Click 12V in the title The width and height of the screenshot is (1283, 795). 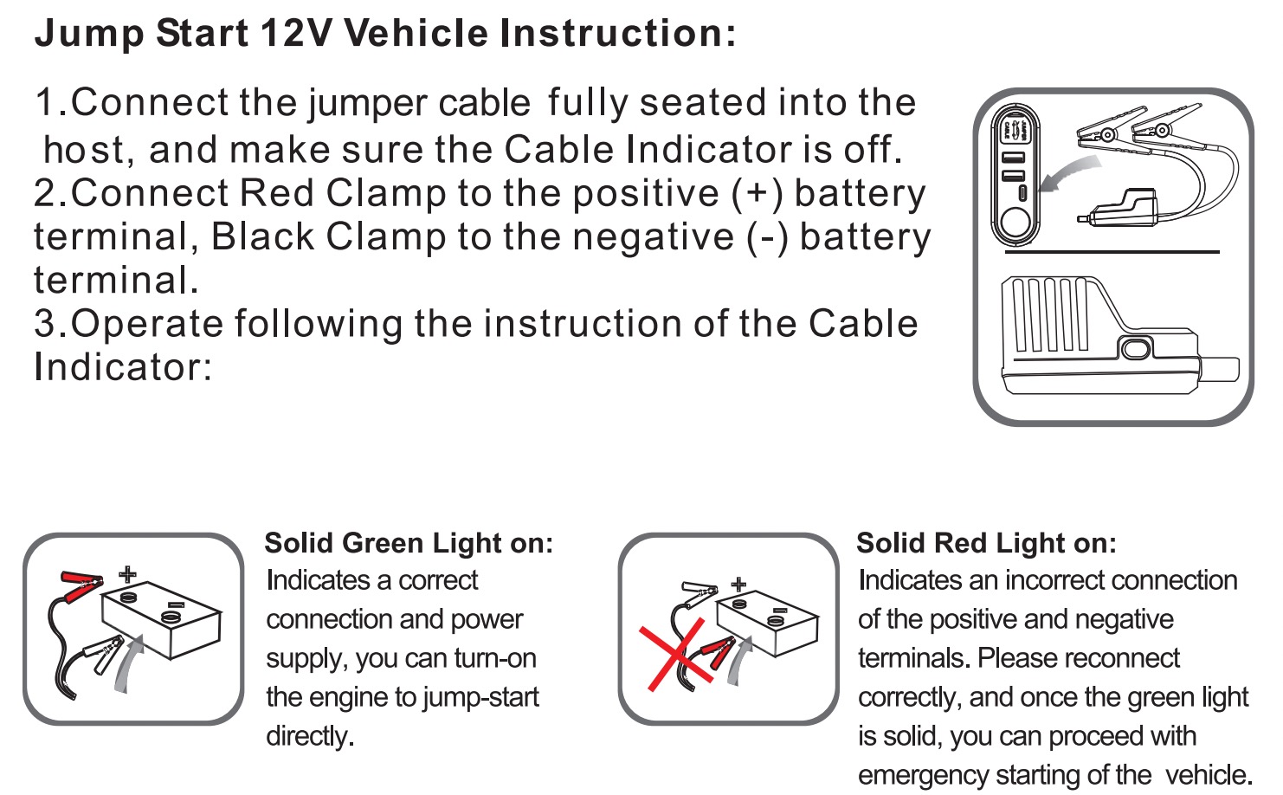coord(295,33)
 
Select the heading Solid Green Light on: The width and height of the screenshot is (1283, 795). coord(409,543)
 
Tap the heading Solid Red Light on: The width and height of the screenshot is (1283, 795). coord(986,543)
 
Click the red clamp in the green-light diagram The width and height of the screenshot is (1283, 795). coord(81,585)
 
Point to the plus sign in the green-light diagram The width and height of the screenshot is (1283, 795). coord(127,574)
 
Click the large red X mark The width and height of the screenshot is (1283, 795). coord(676,654)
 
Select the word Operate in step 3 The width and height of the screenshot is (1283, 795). coord(146,324)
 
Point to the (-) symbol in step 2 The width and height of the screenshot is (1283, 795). coord(767,237)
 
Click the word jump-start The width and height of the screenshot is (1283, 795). coord(481,698)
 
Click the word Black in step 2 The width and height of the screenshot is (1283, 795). coord(263,236)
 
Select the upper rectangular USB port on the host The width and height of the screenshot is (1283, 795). coord(1013,157)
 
